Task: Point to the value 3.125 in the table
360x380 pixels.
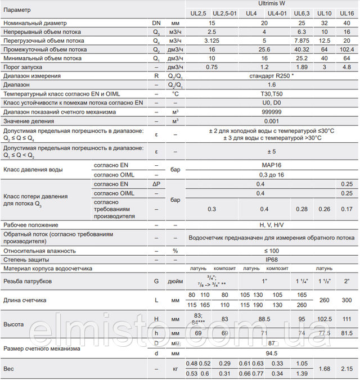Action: [211, 40]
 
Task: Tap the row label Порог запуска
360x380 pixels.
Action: [28, 67]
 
